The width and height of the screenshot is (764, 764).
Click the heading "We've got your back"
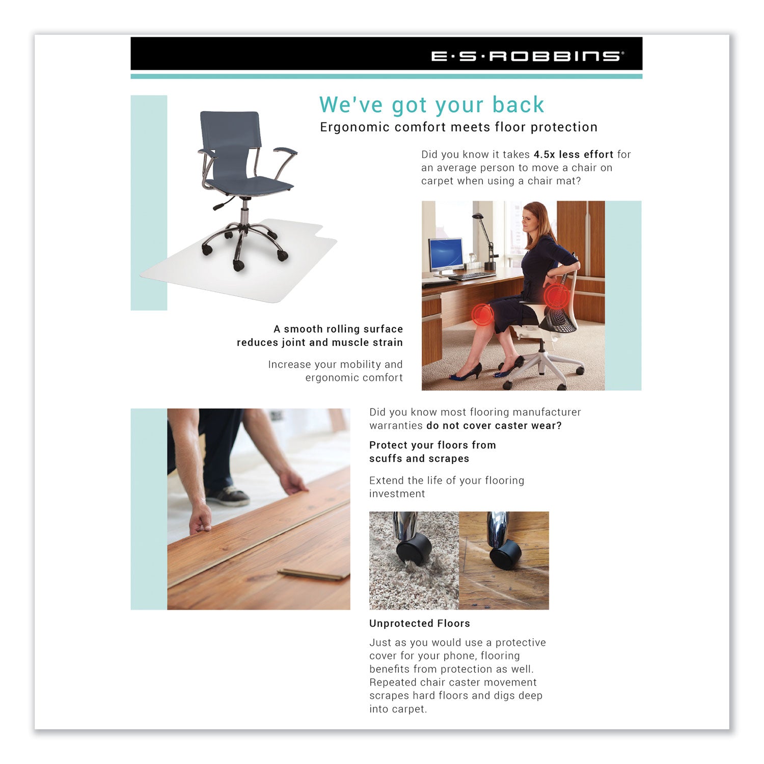pos(431,105)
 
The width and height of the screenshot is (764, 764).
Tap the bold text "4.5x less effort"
pos(573,154)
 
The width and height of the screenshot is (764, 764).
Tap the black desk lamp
pos(488,239)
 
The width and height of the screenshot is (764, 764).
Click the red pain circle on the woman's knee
pos(481,314)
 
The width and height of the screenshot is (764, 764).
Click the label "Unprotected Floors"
pos(419,623)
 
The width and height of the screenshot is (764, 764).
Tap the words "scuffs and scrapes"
pos(419,458)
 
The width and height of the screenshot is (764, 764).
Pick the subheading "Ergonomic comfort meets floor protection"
pos(458,127)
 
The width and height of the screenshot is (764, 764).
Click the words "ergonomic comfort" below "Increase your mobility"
pos(354,377)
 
